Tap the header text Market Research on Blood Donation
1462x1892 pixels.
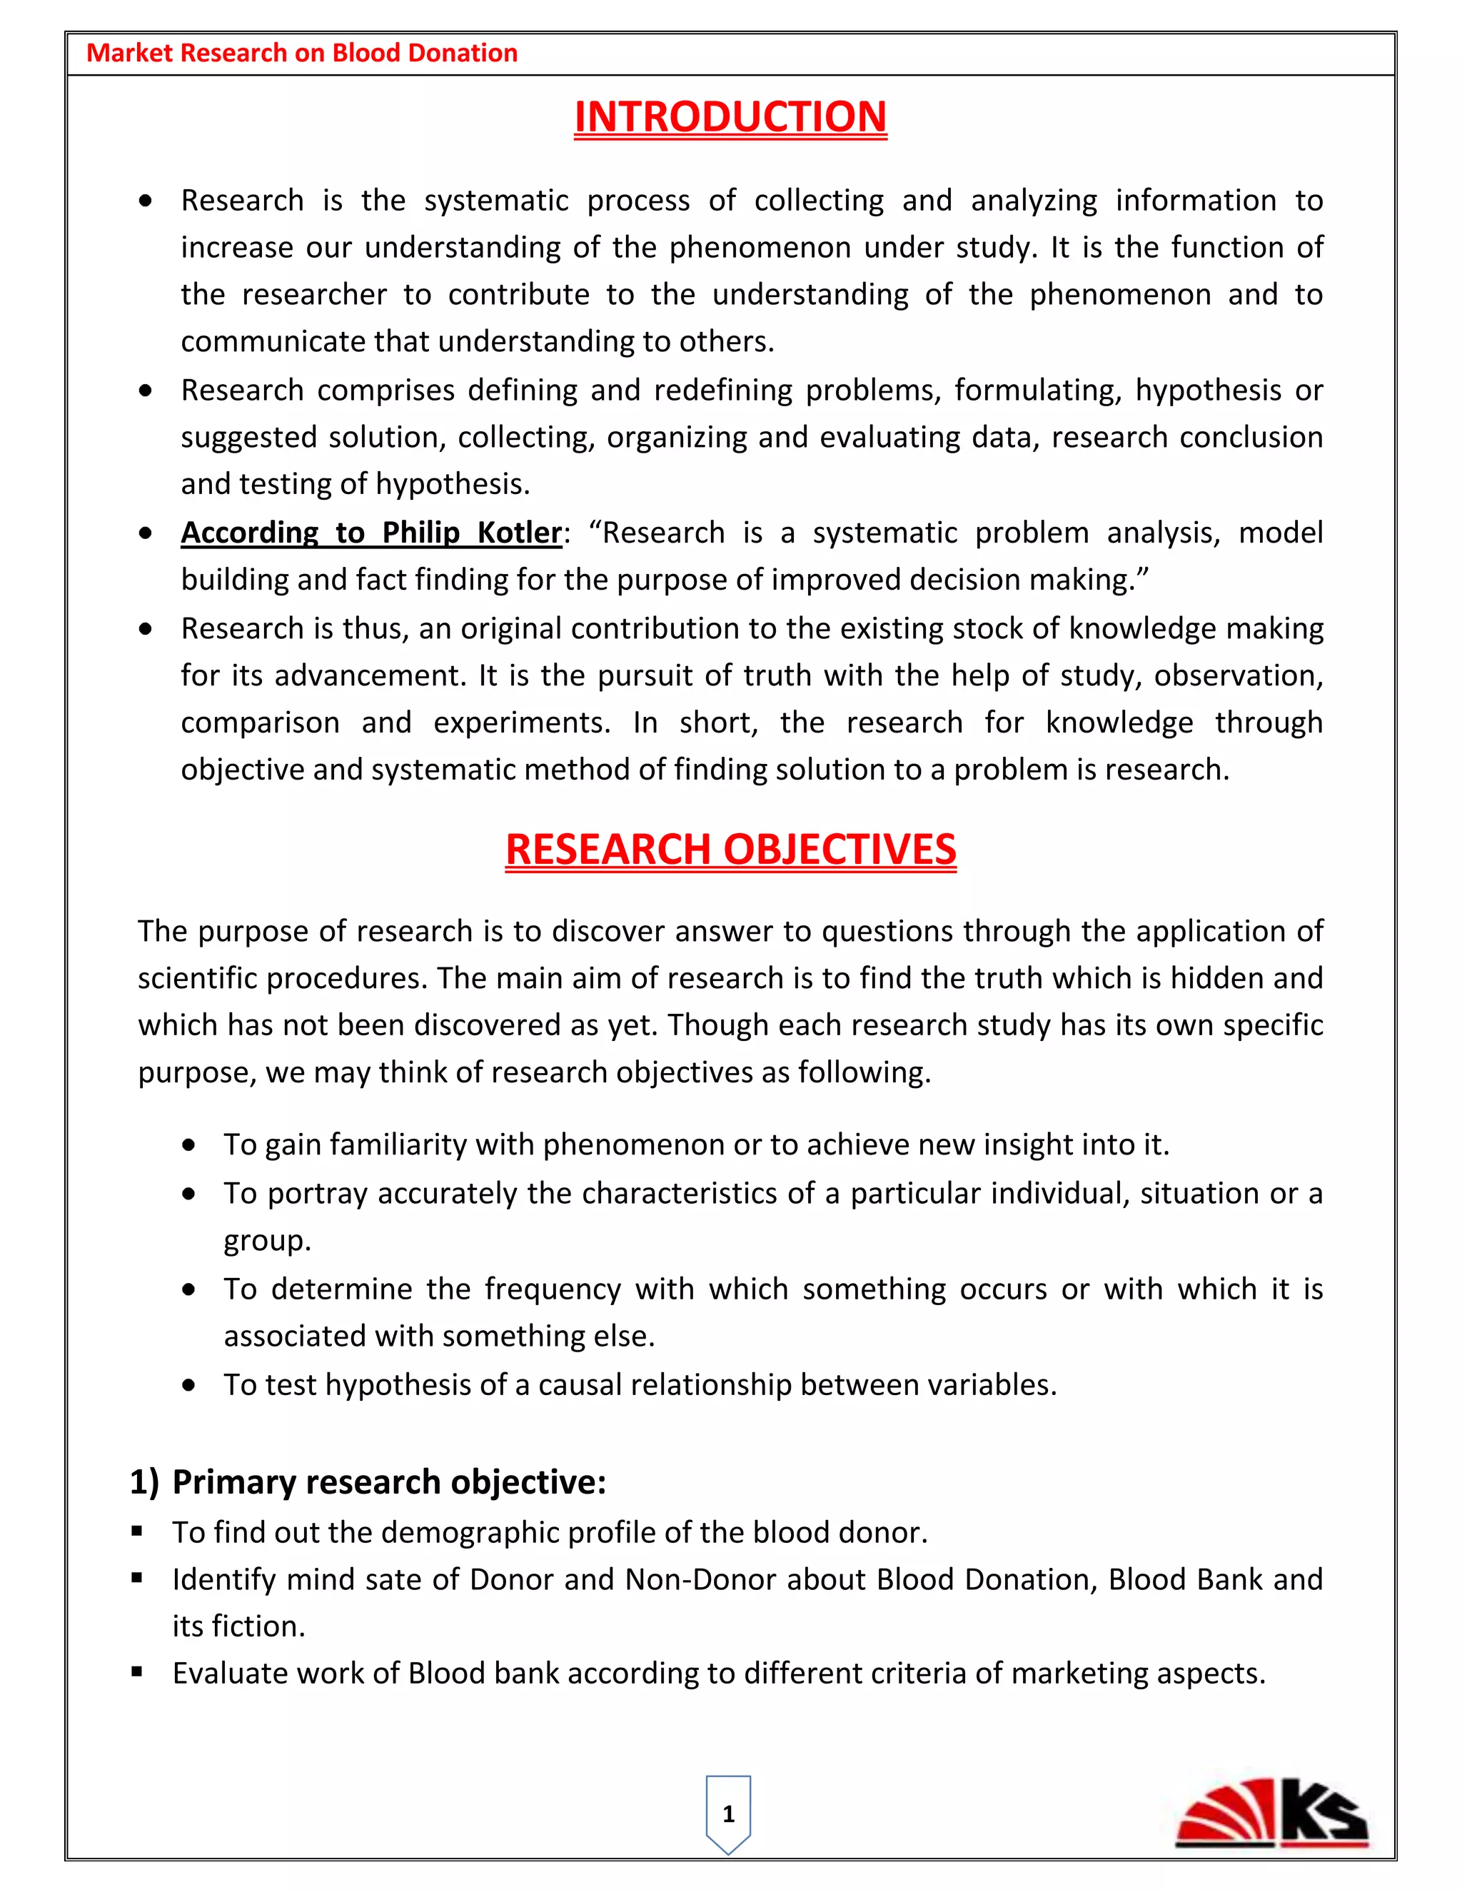(301, 53)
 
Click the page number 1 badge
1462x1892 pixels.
(728, 1814)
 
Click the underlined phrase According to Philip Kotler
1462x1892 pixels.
(370, 532)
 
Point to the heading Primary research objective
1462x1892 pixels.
(388, 1481)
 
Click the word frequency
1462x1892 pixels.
(552, 1289)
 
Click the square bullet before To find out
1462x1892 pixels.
(137, 1531)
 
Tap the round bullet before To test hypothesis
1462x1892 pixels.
(188, 1385)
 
